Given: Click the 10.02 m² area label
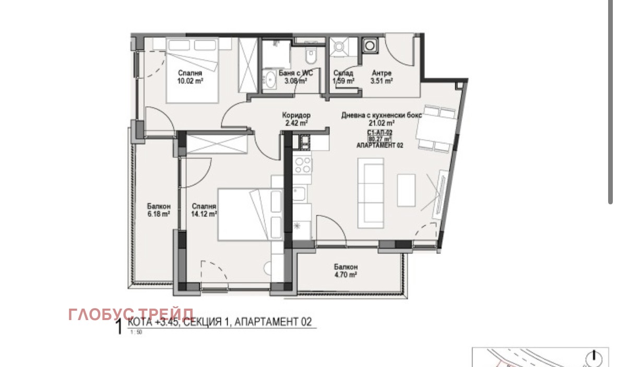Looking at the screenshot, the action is point(191,81).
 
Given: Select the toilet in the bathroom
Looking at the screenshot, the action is point(312,54).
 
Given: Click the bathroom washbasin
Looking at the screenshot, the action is point(270,81).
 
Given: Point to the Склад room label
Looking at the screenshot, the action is point(343,74).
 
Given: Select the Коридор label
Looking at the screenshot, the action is point(296,115).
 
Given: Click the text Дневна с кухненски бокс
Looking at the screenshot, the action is point(382,115).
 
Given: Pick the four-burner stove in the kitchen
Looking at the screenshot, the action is point(302,165).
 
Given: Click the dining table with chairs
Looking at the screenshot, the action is point(437,129).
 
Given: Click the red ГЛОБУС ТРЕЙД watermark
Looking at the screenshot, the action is point(130,314).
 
